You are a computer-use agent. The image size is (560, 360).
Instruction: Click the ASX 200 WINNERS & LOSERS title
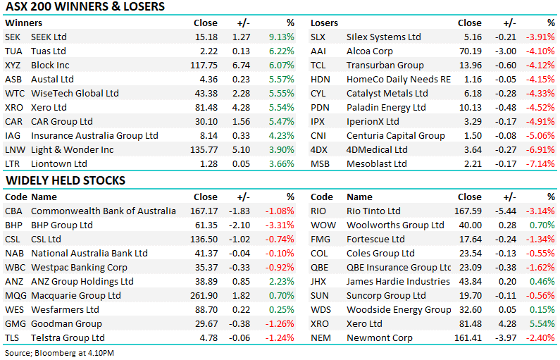pyautogui.click(x=85, y=6)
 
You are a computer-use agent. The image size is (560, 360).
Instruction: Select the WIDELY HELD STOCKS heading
pyautogui.click(x=66, y=180)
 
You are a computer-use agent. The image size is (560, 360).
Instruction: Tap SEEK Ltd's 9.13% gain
pyautogui.click(x=282, y=37)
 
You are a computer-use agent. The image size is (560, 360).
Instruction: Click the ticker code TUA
pyautogui.click(x=13, y=51)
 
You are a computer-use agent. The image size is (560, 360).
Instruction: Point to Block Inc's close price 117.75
pyautogui.click(x=204, y=65)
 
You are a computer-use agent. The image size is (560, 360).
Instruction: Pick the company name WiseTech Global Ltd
pyautogui.click(x=75, y=93)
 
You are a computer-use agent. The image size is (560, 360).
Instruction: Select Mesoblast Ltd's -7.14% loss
pyautogui.click(x=540, y=163)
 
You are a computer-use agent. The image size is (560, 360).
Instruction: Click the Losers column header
pyautogui.click(x=324, y=23)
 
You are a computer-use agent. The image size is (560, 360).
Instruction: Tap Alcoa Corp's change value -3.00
pyautogui.click(x=505, y=51)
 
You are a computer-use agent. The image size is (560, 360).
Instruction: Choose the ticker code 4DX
pyautogui.click(x=319, y=149)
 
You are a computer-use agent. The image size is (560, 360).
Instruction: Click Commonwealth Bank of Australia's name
pyautogui.click(x=104, y=211)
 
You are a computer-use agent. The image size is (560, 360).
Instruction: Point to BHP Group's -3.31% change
pyautogui.click(x=280, y=225)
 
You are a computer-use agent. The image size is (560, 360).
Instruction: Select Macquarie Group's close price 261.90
pyautogui.click(x=204, y=295)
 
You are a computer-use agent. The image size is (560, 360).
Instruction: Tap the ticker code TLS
pyautogui.click(x=12, y=337)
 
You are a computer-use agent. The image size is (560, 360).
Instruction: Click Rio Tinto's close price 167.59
pyautogui.click(x=468, y=211)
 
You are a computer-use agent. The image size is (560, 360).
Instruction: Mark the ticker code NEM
pyautogui.click(x=321, y=337)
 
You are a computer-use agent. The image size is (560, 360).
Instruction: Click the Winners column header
pyautogui.click(x=23, y=23)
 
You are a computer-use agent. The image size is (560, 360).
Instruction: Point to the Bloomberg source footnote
pyautogui.click(x=59, y=353)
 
